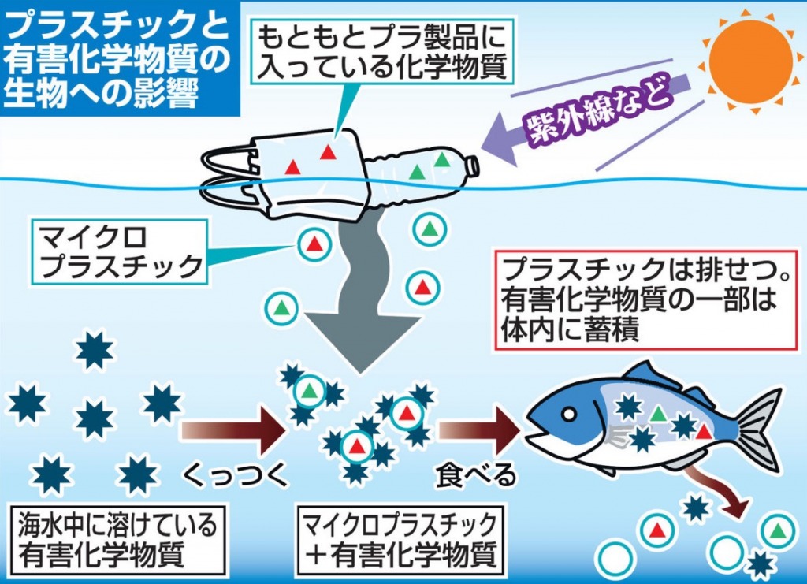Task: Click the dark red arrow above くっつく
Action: pyautogui.click(x=232, y=430)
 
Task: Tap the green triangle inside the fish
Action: pyautogui.click(x=657, y=413)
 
